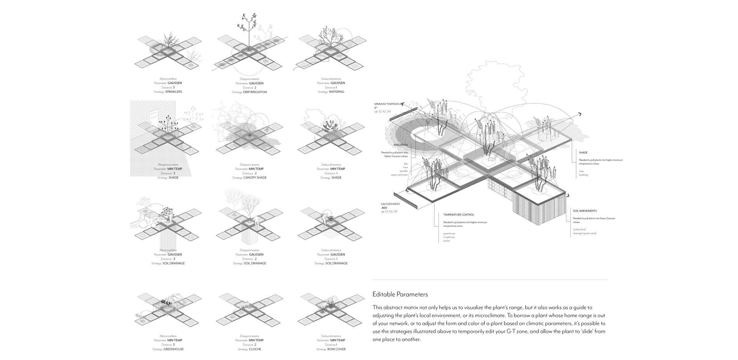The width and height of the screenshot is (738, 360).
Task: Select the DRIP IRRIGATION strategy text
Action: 255,92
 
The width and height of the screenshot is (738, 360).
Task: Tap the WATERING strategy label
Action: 336,92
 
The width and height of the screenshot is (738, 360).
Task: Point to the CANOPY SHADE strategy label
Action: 255,178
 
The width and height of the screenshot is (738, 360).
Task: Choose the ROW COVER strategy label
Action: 336,349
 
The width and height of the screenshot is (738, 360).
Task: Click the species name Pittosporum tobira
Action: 168,165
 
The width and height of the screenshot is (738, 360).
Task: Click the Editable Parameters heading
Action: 400,294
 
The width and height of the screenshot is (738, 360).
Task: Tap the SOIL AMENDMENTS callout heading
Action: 585,211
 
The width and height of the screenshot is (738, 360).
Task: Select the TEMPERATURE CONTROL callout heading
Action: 458,215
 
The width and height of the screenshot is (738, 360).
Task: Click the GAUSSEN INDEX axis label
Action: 390,204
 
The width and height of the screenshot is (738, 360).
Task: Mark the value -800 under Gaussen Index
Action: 385,208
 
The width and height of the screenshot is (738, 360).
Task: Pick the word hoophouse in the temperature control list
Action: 449,237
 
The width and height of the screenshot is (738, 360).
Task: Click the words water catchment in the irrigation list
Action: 399,175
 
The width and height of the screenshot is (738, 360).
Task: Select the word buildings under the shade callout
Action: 583,175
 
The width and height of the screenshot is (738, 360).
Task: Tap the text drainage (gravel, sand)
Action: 584,233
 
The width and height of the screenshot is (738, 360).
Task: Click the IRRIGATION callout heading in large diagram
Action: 400,145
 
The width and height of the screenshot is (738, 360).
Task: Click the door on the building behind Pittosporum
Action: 153,116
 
